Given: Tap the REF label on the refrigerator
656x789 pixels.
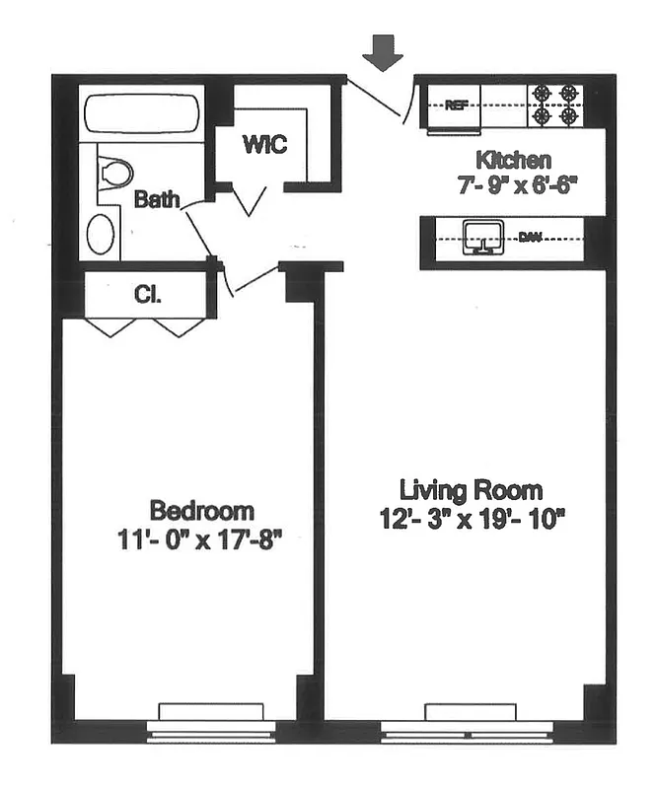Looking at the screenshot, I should click(456, 106).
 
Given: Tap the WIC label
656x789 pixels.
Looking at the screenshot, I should click(264, 144).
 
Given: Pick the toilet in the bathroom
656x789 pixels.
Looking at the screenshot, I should click(115, 175).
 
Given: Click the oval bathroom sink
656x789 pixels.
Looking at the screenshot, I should click(101, 235).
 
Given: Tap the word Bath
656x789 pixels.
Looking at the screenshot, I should click(157, 200).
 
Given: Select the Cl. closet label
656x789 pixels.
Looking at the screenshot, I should click(147, 294).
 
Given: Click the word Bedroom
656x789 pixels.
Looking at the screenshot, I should click(201, 511).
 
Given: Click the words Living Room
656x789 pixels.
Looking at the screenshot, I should click(471, 490).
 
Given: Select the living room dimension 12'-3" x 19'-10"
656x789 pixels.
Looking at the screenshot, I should click(471, 517).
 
